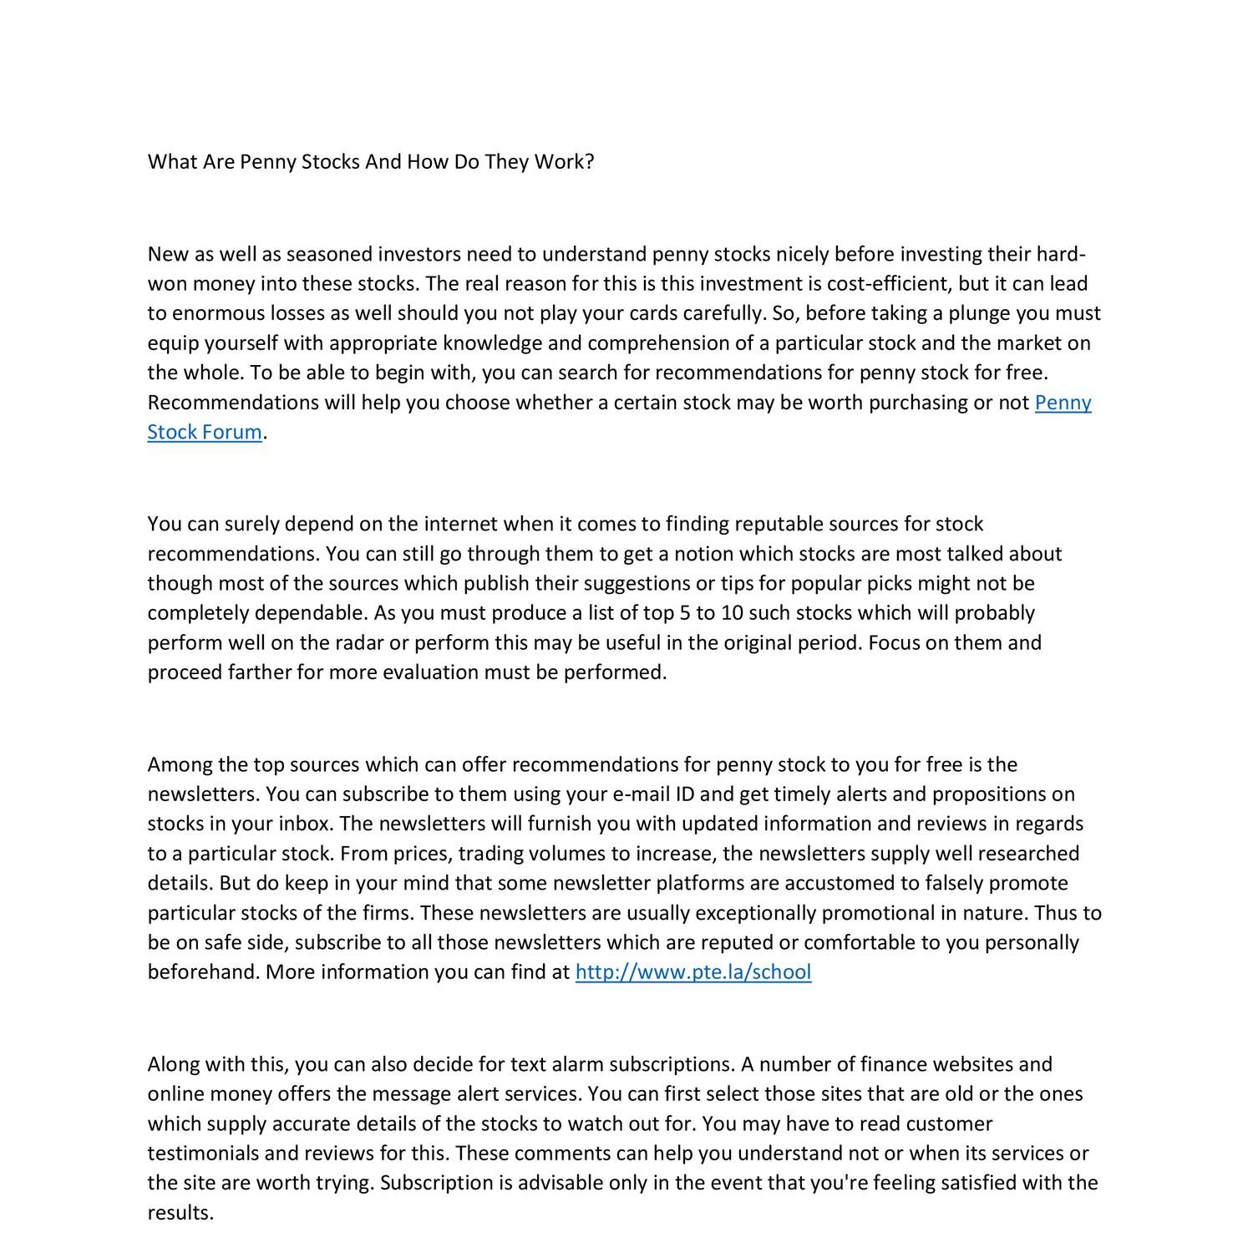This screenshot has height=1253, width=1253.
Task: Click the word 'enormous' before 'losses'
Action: pyautogui.click(x=218, y=314)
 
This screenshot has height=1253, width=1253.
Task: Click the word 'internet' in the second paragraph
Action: pyautogui.click(x=460, y=525)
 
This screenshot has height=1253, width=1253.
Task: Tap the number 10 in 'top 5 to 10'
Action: pyautogui.click(x=732, y=614)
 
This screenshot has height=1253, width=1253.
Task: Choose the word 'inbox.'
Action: pyautogui.click(x=306, y=824)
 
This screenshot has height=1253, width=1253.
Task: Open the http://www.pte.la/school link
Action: pyautogui.click(x=693, y=972)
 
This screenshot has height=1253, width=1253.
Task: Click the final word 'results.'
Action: pyautogui.click(x=180, y=1213)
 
